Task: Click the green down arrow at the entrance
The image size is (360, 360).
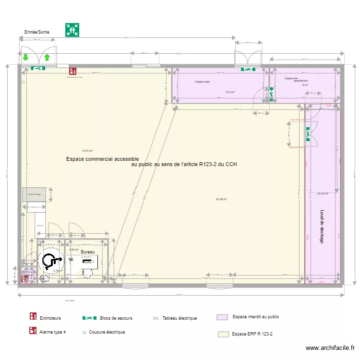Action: [x=25, y=58]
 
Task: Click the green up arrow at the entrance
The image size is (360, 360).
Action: [x=47, y=58]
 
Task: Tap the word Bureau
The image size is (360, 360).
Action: [x=88, y=252]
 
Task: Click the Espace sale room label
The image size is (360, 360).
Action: [x=202, y=82]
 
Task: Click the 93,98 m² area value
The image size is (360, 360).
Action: [x=221, y=200]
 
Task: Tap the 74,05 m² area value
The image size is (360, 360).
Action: [x=87, y=150]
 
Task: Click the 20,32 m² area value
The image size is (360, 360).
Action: [x=323, y=194]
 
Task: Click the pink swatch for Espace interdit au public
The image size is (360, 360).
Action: [x=222, y=317]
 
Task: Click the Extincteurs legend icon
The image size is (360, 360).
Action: [x=33, y=317]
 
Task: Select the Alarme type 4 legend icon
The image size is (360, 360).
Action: [x=33, y=331]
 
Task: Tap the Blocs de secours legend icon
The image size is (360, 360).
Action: [x=90, y=318]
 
